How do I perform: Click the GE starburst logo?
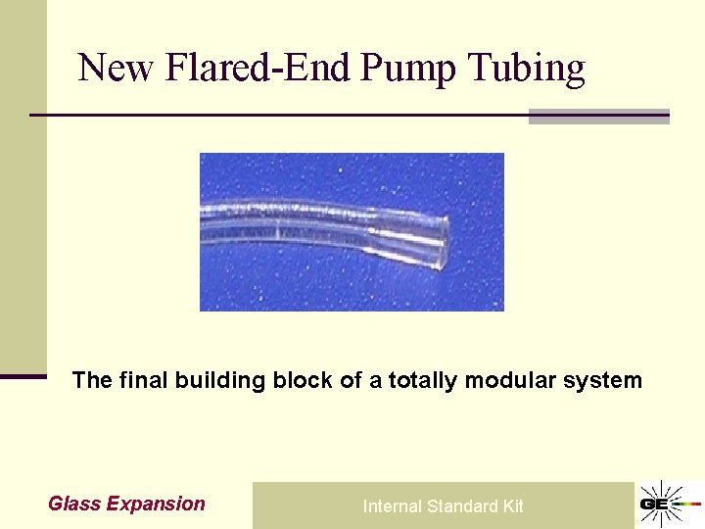click(669, 505)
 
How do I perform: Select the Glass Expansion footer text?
click(126, 505)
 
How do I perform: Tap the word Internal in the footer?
click(392, 506)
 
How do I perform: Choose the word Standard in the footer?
click(463, 506)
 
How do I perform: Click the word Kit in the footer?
click(513, 506)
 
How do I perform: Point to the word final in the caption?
click(143, 380)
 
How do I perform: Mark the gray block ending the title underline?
click(598, 117)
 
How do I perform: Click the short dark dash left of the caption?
click(23, 375)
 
